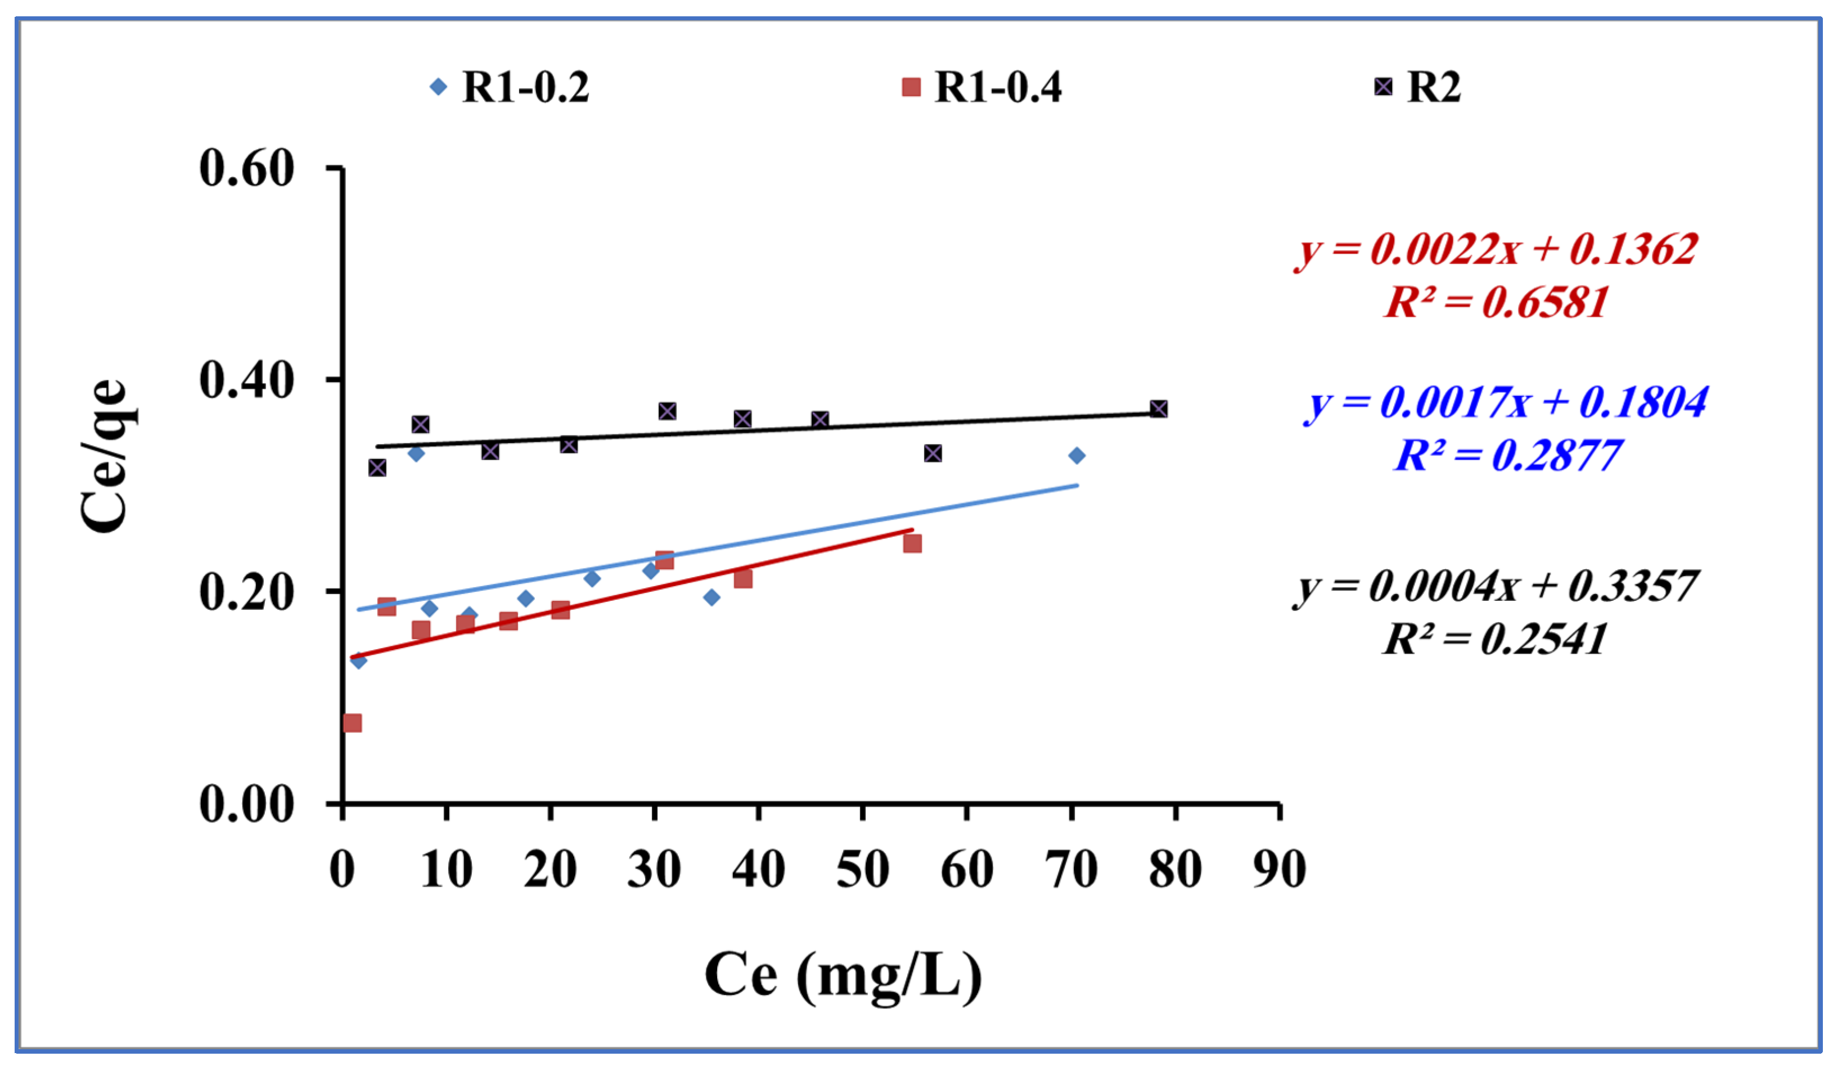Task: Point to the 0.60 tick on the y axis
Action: coord(246,168)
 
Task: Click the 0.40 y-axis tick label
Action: coord(246,379)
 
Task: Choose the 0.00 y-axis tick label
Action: coord(246,804)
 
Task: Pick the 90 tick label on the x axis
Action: coord(1280,869)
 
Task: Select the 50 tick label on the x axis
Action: coord(863,869)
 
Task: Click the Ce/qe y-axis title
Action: coord(104,456)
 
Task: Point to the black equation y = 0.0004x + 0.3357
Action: coord(1496,586)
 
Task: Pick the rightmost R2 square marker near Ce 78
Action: coord(1159,409)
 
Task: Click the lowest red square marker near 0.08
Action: coord(353,723)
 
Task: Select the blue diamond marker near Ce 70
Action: coord(1077,455)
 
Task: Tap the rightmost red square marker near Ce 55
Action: coord(912,543)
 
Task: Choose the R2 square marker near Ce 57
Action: coord(933,453)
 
